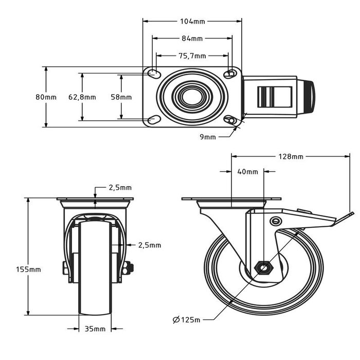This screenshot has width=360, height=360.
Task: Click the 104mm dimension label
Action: [x=192, y=21]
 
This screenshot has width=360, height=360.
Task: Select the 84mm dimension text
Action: [x=192, y=38]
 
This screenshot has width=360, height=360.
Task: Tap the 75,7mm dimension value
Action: [x=192, y=56]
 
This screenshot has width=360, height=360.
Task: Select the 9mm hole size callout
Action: [x=208, y=137]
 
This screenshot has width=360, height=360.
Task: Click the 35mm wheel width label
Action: [x=95, y=329]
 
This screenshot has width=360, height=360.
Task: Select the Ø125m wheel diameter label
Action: [x=186, y=320]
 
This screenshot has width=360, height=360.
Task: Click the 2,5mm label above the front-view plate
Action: [x=120, y=188]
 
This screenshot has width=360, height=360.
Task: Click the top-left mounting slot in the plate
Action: [x=154, y=74]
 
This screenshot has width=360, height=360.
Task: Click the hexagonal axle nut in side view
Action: [x=264, y=268]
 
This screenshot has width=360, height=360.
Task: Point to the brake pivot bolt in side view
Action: [x=276, y=221]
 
